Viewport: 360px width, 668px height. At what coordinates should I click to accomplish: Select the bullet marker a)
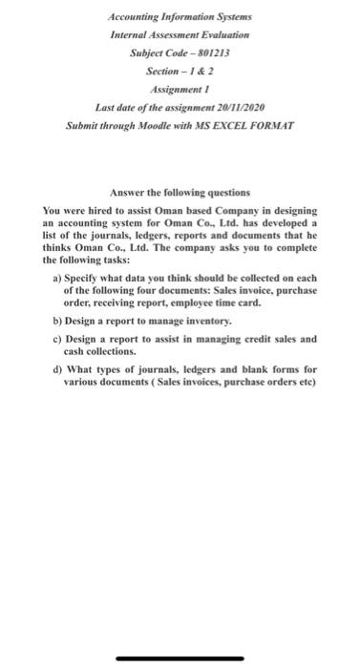[56, 277]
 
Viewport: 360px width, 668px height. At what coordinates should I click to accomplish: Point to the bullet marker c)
[56, 339]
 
